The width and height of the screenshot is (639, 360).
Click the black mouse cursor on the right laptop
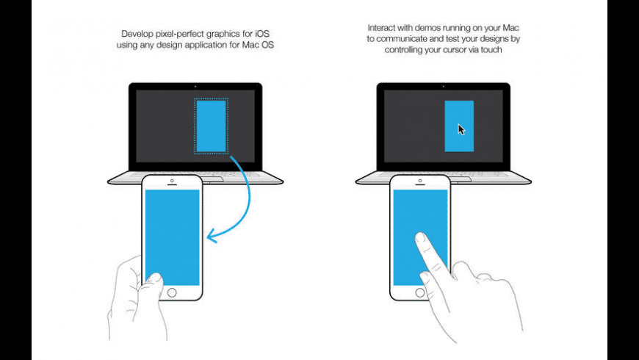(x=461, y=129)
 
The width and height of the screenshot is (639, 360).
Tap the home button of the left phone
(x=172, y=292)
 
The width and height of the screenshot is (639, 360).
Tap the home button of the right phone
(x=420, y=292)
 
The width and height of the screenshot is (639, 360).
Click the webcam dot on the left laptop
(x=195, y=87)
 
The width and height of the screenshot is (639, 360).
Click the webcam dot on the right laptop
(x=444, y=87)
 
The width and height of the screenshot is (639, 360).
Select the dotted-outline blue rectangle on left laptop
(x=211, y=126)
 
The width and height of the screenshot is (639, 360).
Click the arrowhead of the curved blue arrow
(x=212, y=236)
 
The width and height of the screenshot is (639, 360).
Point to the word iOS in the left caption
(x=262, y=34)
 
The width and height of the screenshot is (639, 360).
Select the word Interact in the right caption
(x=382, y=28)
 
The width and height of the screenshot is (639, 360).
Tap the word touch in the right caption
(x=491, y=50)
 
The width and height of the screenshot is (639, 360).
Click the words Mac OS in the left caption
(x=258, y=45)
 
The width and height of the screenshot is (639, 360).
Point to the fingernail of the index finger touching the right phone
(x=420, y=237)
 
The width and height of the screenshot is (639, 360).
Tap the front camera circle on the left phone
(x=172, y=181)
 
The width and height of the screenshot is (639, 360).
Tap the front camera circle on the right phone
(x=420, y=181)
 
